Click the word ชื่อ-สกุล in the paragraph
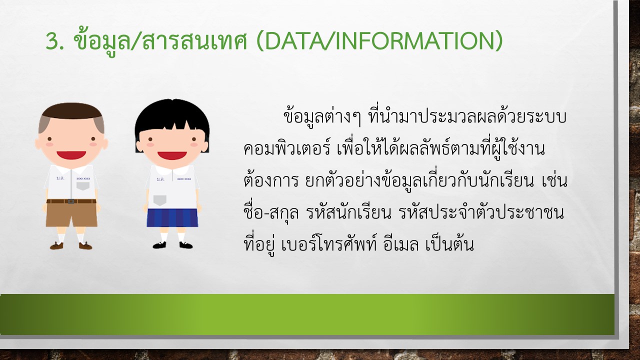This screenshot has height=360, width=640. coord(271,212)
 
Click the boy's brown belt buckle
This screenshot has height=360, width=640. coord(71,201)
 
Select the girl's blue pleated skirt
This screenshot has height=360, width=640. coord(172,217)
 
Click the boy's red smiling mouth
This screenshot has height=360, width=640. coord(71,155)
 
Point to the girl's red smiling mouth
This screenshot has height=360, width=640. coord(172,155)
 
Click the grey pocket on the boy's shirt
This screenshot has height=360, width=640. coord(83,186)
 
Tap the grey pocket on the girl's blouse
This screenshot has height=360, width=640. coord(159,200)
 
